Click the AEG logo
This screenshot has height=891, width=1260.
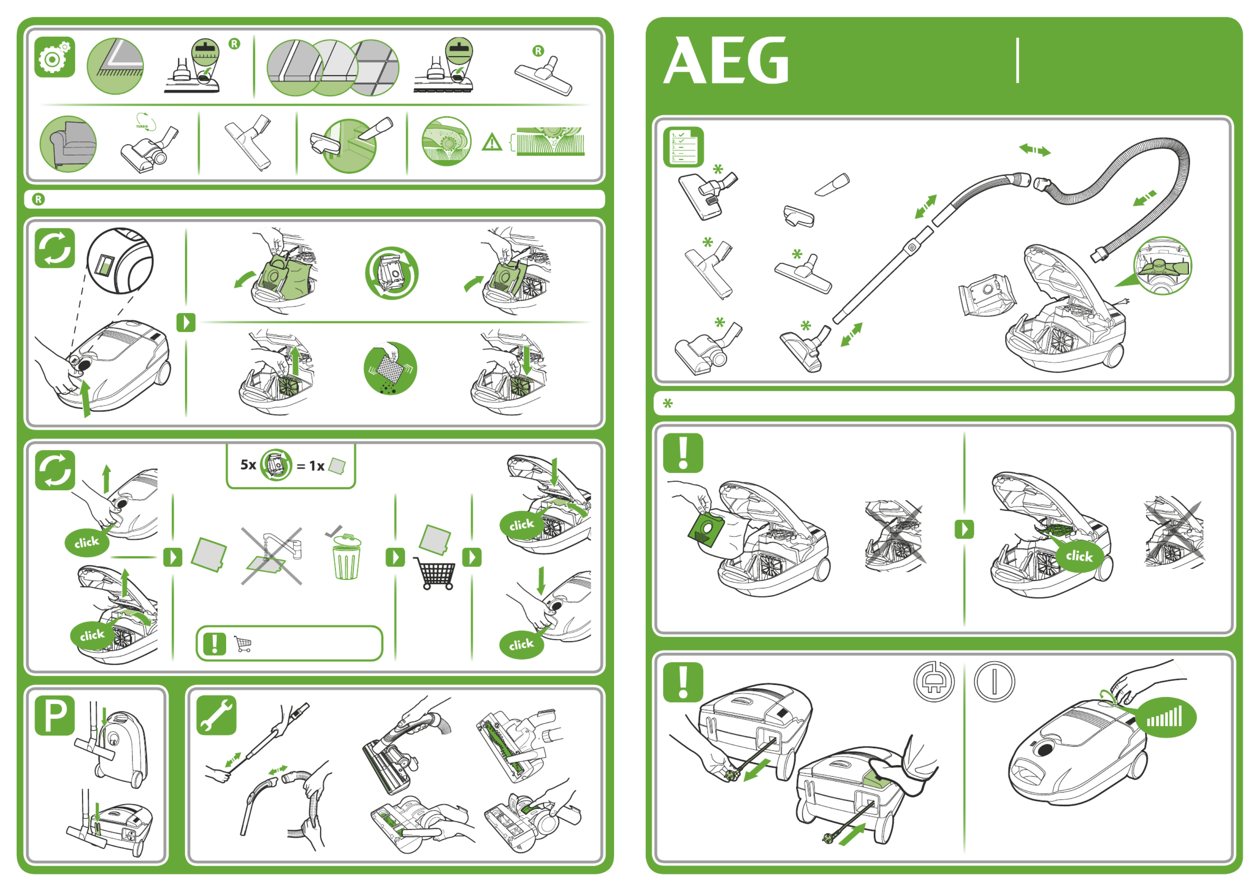(x=726, y=61)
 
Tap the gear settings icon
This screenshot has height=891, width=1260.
(x=54, y=57)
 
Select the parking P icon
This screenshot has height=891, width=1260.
(x=54, y=715)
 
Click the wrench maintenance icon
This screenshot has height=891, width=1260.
(x=216, y=715)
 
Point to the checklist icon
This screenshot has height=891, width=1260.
(x=683, y=147)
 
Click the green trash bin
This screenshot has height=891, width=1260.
(x=346, y=557)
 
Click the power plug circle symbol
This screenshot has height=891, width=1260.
(x=934, y=681)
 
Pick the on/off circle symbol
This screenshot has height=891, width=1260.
(x=994, y=681)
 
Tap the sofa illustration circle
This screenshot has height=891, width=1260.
(x=68, y=144)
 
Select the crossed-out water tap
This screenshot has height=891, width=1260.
(x=272, y=556)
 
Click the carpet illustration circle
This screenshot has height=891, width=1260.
(x=115, y=66)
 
